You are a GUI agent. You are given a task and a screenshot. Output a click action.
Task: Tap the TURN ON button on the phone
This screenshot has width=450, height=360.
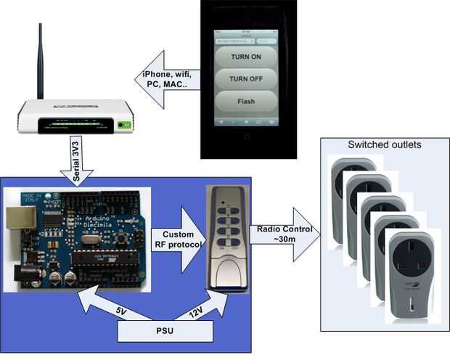pyautogui.click(x=246, y=57)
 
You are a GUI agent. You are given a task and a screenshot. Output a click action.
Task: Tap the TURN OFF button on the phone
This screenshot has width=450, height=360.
pyautogui.click(x=246, y=79)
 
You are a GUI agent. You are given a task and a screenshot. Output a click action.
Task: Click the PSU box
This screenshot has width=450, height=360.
pyautogui.click(x=165, y=331)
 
